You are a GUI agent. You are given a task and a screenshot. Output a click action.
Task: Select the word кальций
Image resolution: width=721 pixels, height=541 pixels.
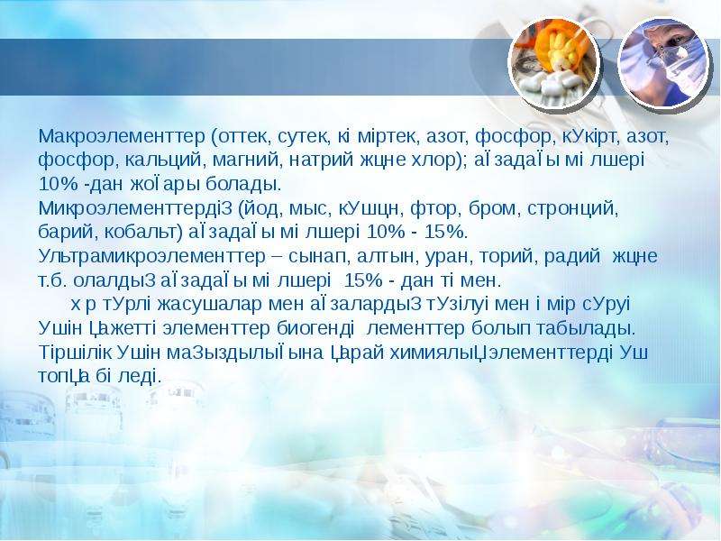pyautogui.click(x=156, y=160)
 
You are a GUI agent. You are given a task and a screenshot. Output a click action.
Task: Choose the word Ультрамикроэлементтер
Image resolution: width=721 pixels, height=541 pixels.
pyautogui.click(x=149, y=256)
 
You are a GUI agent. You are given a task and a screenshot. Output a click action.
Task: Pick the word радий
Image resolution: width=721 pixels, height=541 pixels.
pyautogui.click(x=572, y=256)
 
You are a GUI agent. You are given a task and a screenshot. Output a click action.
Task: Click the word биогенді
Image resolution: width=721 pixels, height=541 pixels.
pyautogui.click(x=315, y=328)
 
